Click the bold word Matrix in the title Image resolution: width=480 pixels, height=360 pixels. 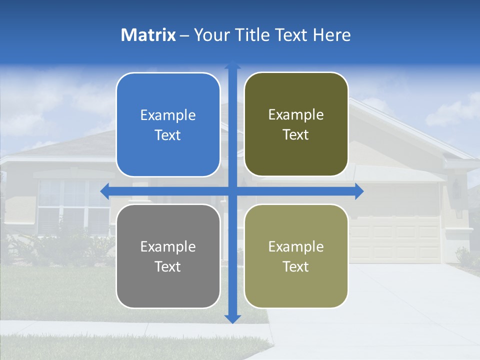[148, 35]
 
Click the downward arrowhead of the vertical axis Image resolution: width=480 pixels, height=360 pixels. [232, 318]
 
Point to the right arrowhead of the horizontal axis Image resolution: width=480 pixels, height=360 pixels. [359, 191]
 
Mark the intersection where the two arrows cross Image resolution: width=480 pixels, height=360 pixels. [232, 191]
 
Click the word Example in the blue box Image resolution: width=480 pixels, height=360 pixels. [168, 115]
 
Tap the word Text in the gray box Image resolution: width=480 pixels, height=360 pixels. [167, 266]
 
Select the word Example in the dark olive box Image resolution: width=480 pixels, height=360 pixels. [296, 115]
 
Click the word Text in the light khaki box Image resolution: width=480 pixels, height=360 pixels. [295, 266]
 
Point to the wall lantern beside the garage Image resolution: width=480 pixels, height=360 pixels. [456, 189]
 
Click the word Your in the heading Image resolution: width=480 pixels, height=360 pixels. [210, 35]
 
